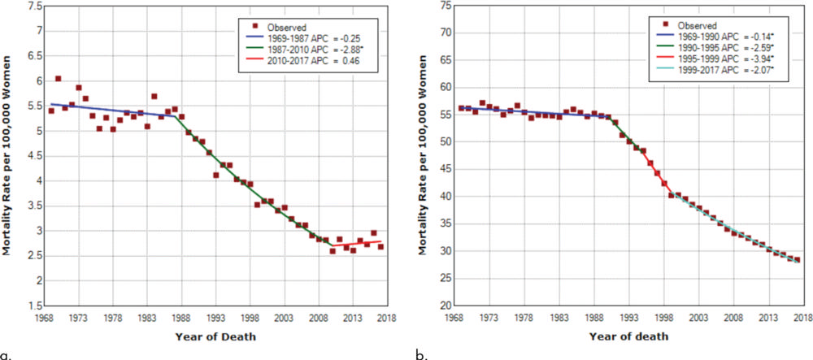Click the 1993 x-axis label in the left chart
pos(215,318)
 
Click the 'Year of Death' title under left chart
pos(215,336)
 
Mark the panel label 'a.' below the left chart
pos(7,353)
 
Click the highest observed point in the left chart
pos(58,79)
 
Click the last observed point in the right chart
pos(797,260)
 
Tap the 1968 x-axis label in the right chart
pos(456,318)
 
